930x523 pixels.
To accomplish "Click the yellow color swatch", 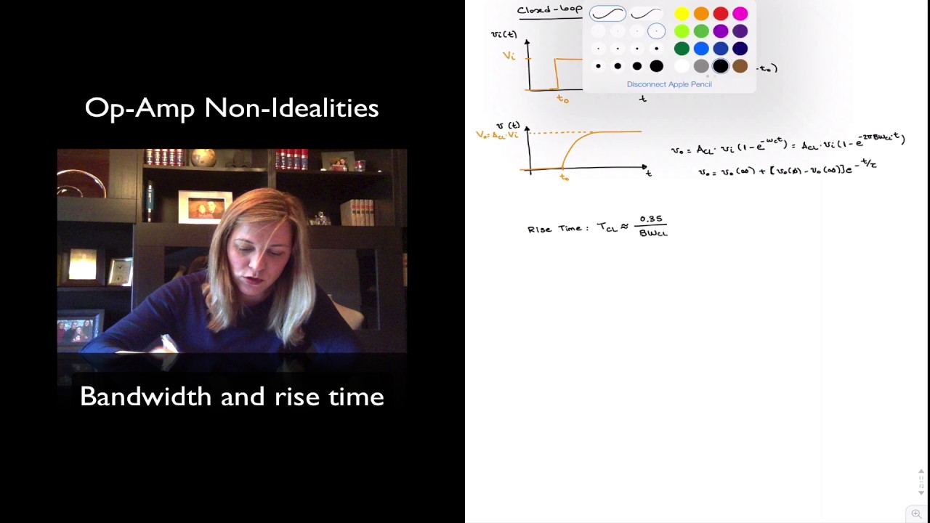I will tap(682, 14).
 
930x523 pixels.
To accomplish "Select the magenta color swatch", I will tap(740, 14).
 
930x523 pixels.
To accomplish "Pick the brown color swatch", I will tap(740, 66).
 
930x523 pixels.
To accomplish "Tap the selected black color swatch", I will tap(720, 66).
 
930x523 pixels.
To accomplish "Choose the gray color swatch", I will tap(701, 66).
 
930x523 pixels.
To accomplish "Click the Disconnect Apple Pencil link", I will tap(669, 84).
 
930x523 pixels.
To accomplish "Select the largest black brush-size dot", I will tap(656, 66).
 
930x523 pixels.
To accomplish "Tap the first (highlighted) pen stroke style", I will tap(607, 14).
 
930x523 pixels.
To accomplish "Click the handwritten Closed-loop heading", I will tap(549, 9).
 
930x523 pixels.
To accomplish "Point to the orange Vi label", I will tap(509, 56).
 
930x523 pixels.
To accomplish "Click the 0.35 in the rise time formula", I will tap(651, 219).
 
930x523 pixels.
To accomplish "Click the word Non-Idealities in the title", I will tap(291, 108).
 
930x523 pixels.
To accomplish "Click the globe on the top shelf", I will tap(203, 157).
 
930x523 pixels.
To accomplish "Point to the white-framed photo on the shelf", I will tap(205, 207).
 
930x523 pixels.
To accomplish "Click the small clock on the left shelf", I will tap(120, 271).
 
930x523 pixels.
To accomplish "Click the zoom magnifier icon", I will tap(916, 514).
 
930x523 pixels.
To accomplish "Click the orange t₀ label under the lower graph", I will tap(564, 177).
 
